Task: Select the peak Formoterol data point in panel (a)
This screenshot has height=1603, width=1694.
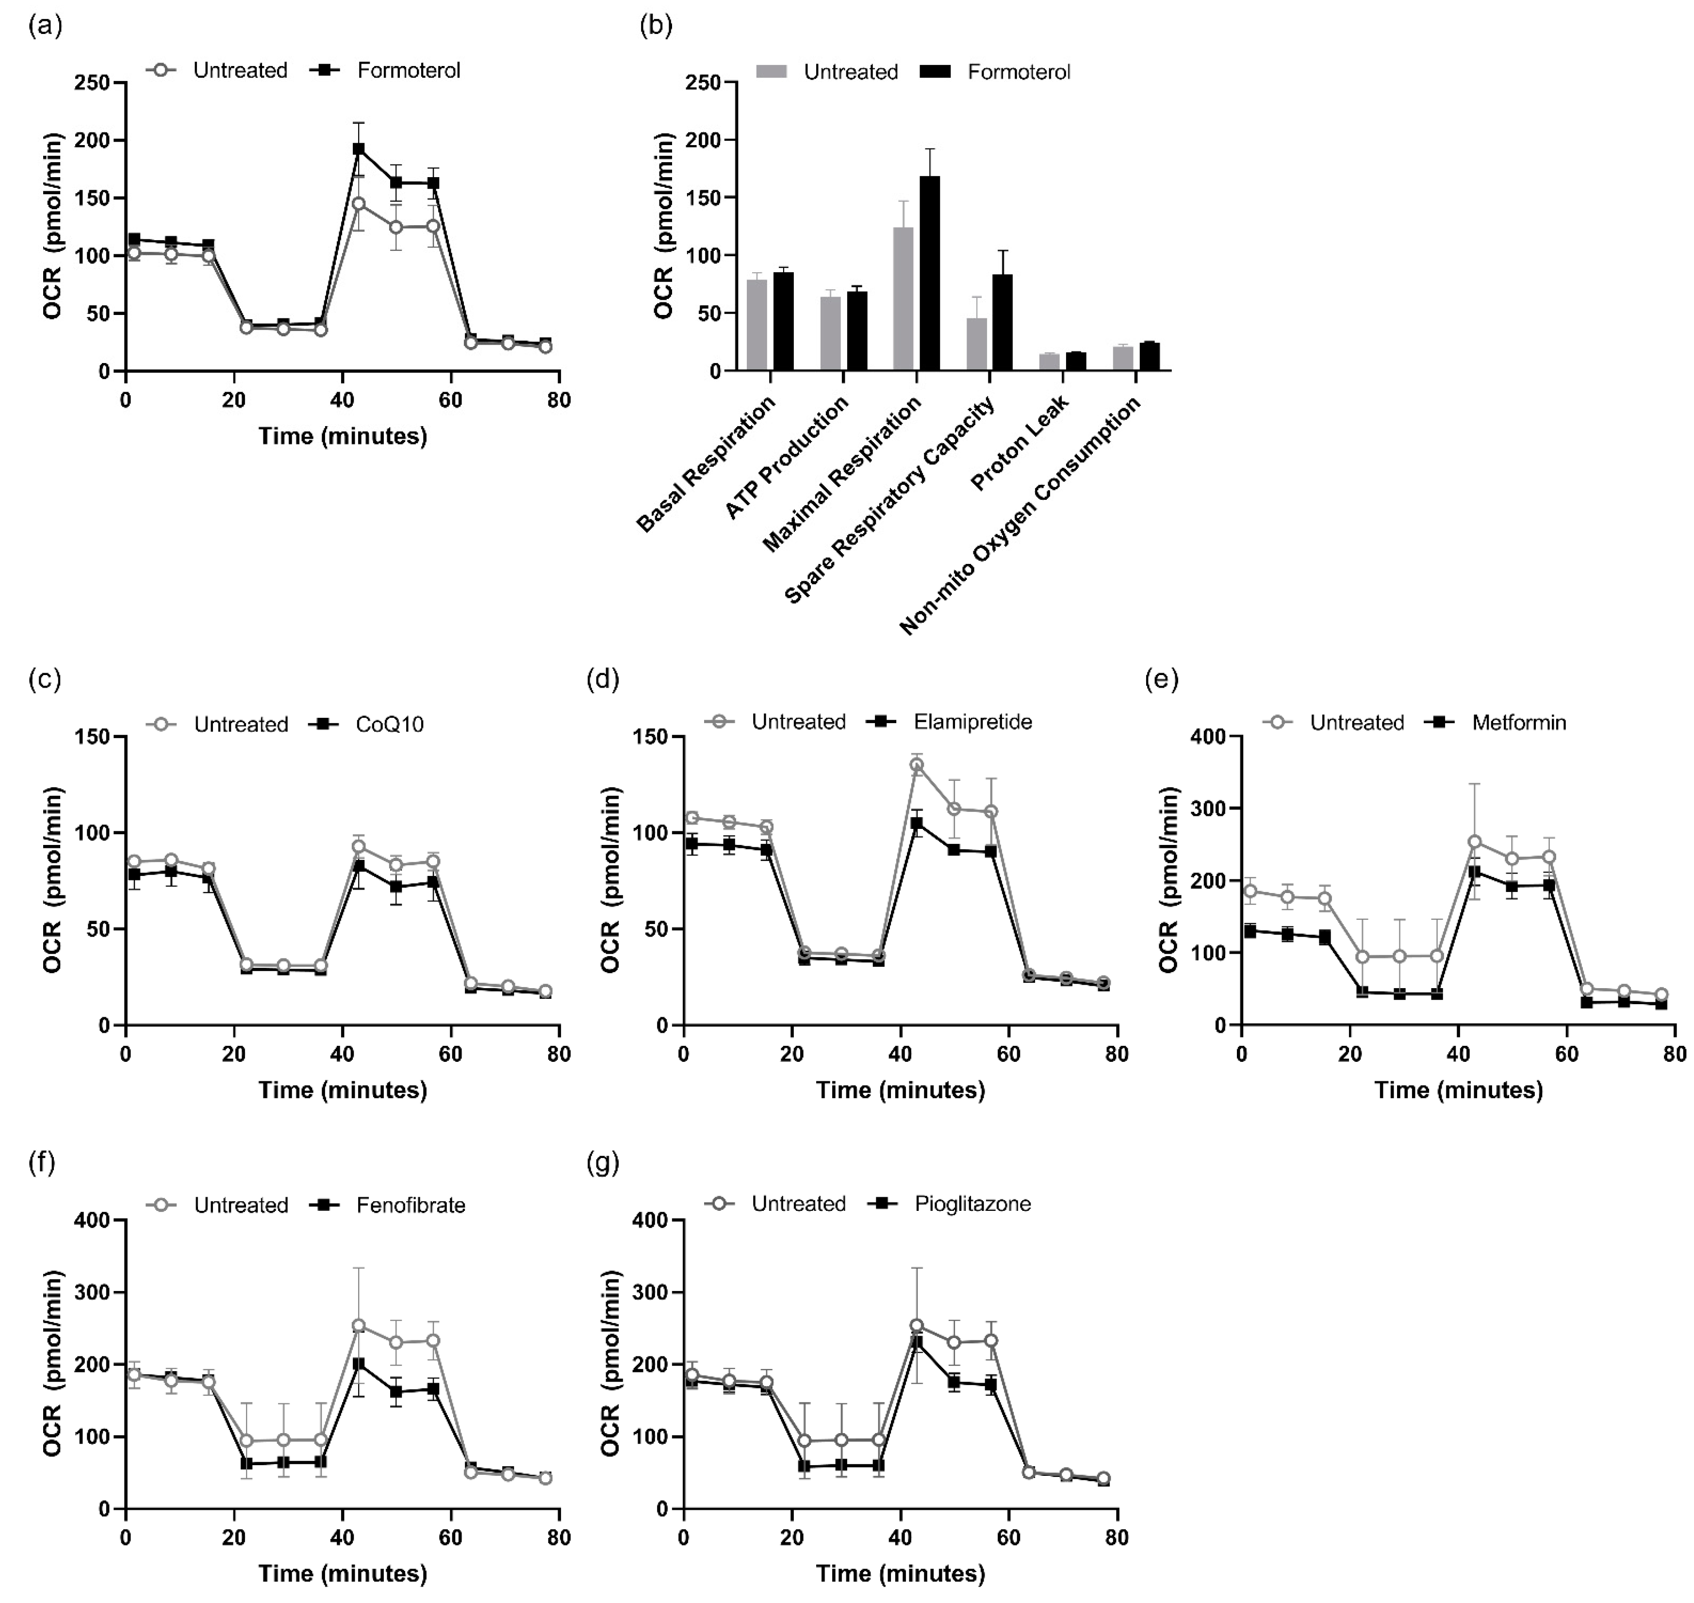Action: pos(359,149)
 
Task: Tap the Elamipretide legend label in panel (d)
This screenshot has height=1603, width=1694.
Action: pos(972,722)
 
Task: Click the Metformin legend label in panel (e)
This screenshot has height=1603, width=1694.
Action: pos(1519,723)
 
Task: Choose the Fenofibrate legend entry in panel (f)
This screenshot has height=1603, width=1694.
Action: pos(410,1206)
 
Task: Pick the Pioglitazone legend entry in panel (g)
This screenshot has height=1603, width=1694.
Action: pos(972,1204)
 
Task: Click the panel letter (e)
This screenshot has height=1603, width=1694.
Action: pos(1161,679)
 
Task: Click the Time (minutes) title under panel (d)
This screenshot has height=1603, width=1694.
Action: pos(901,1091)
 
